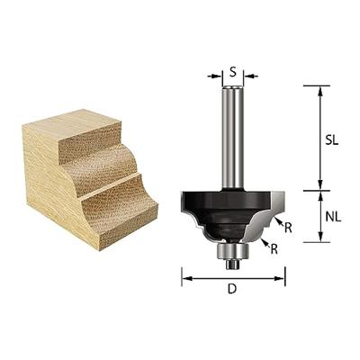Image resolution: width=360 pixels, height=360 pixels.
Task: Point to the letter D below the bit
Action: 233,290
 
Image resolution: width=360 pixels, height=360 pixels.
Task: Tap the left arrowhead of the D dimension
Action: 185,278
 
